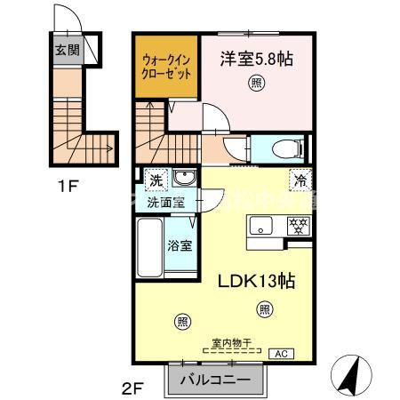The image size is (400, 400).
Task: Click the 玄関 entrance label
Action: click(x=66, y=51)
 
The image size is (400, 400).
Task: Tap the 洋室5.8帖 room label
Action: click(x=258, y=60)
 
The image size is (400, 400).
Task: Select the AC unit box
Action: click(x=282, y=354)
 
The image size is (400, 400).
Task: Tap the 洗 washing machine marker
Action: click(x=156, y=180)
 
